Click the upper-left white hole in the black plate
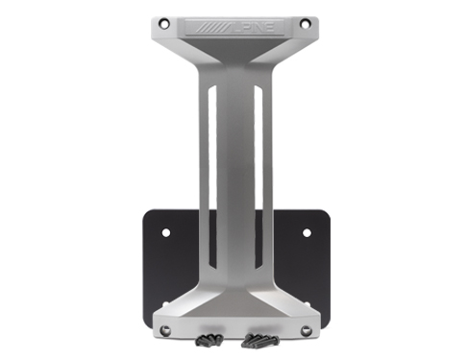165,232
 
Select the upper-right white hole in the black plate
307,232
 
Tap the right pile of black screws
259,339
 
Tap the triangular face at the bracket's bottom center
234,312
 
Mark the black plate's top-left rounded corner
147,212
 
